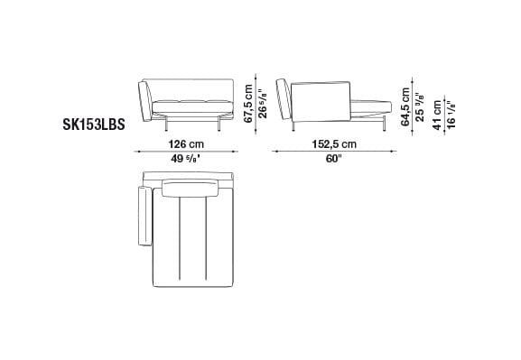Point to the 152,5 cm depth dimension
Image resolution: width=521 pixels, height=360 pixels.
tap(333, 143)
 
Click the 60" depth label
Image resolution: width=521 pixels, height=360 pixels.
tap(333, 159)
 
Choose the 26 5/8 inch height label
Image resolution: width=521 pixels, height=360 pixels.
tap(261, 97)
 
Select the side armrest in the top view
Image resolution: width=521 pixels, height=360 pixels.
tap(143, 217)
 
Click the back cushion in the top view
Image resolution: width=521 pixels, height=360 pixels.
tap(191, 189)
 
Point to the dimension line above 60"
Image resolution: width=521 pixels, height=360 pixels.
tap(333, 152)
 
